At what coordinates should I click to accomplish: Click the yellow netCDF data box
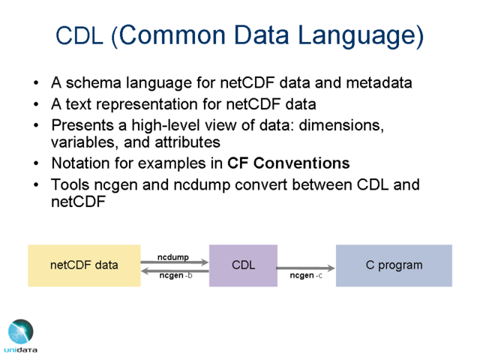(84, 265)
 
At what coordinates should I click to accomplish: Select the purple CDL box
(243, 265)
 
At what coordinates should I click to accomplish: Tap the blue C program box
(394, 265)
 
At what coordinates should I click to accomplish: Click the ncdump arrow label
(173, 257)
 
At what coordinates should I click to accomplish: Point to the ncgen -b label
(175, 275)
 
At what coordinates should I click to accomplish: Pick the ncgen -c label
(306, 275)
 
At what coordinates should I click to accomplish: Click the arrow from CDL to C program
(305, 268)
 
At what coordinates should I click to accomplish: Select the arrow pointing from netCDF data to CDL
(175, 262)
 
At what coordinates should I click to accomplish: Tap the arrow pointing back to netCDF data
(175, 271)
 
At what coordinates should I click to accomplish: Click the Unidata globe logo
(20, 331)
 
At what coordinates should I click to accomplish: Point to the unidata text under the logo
(20, 350)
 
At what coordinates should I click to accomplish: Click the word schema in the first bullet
(93, 82)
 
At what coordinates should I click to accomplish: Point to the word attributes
(187, 142)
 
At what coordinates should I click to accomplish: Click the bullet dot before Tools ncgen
(36, 185)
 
